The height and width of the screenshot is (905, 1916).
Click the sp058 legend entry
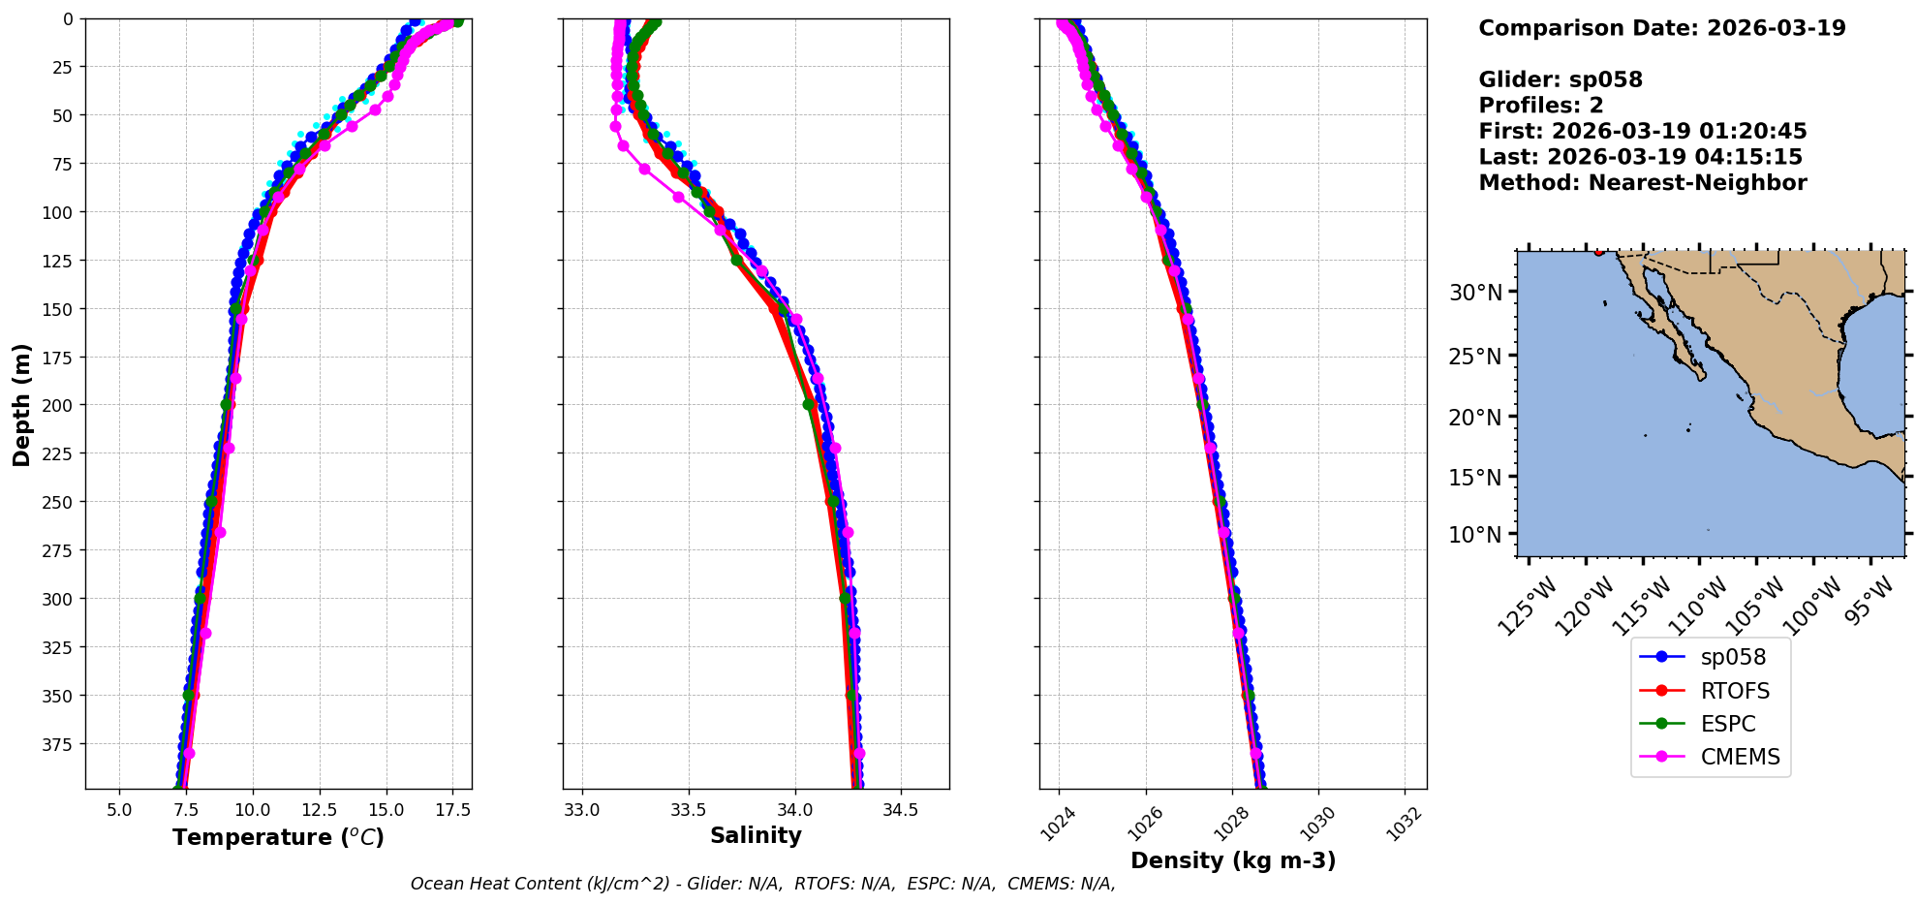point(1732,657)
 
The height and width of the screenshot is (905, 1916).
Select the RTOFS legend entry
point(1734,691)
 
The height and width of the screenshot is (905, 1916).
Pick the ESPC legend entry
point(1727,724)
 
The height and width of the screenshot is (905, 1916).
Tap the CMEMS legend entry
point(1740,757)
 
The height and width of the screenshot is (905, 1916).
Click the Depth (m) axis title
point(21,404)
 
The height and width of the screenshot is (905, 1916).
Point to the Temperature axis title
point(278,837)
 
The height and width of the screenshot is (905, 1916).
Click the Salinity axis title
point(756,835)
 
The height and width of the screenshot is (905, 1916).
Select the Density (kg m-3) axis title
point(1233,860)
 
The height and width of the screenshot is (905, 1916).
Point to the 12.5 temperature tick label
point(319,809)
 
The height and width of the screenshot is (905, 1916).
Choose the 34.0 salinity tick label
point(794,809)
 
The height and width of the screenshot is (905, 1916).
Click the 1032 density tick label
point(1406,824)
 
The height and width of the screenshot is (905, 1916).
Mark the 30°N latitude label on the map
point(1475,293)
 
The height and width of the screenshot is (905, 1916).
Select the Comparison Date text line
point(1662,28)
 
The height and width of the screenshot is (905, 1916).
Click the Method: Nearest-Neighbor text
point(1643,183)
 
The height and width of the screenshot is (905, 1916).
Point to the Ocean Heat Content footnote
point(762,884)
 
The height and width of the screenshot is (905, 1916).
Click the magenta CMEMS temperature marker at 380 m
point(189,754)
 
